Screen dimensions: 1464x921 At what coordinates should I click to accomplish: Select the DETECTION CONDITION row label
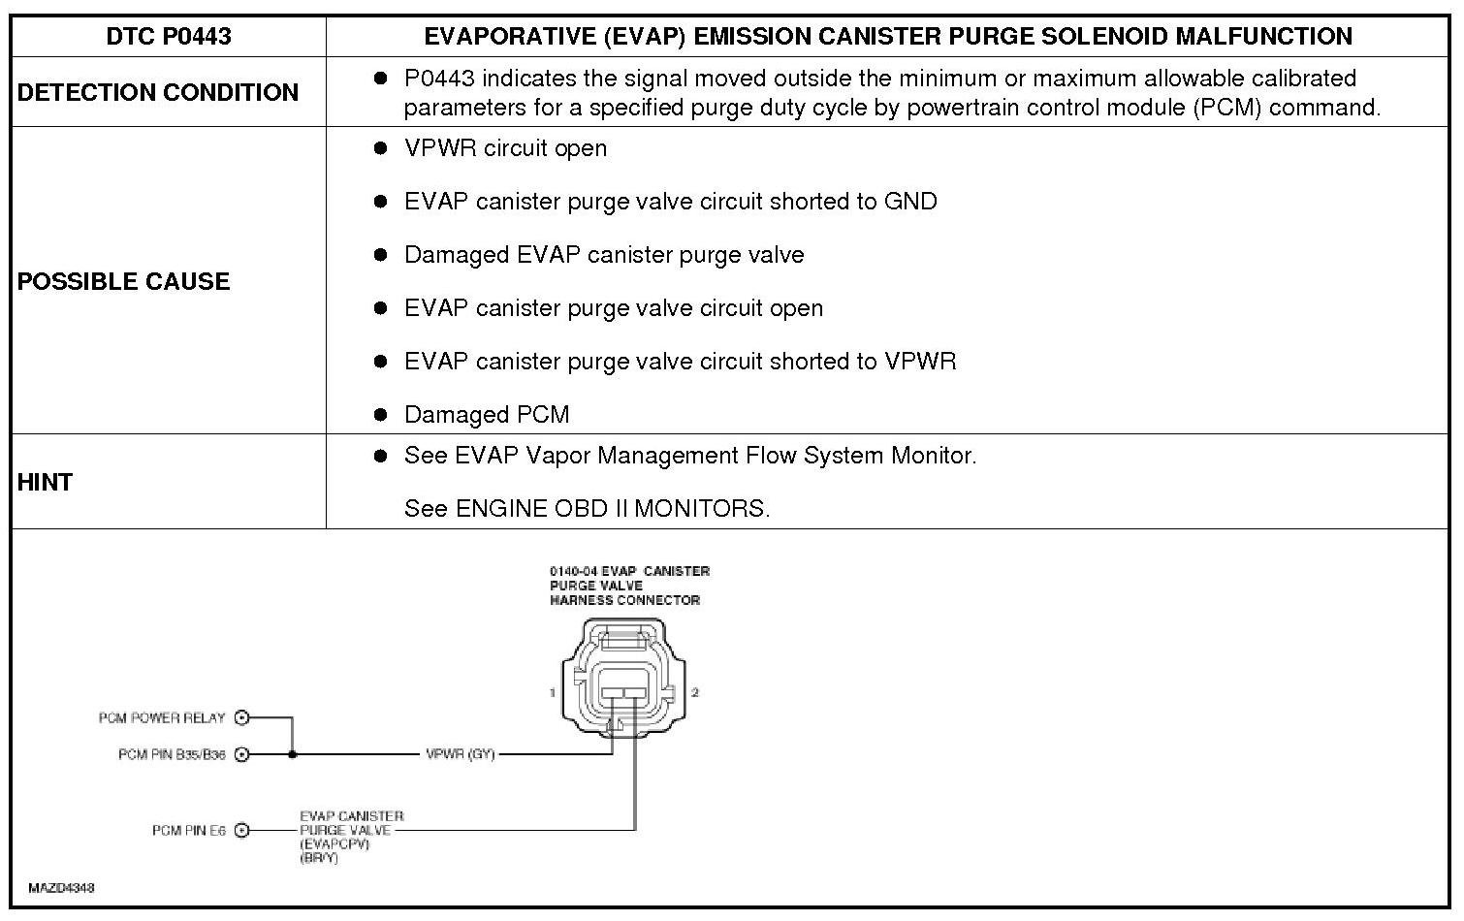tap(157, 92)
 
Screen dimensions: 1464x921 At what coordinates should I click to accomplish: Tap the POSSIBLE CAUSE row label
tap(123, 281)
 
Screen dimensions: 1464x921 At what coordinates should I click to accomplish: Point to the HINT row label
tap(45, 482)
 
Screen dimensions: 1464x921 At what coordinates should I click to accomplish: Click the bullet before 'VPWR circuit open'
tap(381, 148)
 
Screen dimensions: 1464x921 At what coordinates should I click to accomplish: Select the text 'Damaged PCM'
tap(487, 415)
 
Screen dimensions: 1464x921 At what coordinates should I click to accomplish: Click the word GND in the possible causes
tap(910, 202)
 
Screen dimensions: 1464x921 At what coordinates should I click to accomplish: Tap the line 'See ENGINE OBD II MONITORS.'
tap(587, 509)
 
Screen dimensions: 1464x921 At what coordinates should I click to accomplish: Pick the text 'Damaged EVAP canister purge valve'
tap(604, 255)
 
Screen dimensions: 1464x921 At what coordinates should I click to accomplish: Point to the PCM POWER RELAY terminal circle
tap(242, 718)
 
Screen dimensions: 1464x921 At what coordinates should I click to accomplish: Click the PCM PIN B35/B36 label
tap(172, 754)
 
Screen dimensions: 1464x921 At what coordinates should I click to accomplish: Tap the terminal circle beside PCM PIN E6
tap(242, 830)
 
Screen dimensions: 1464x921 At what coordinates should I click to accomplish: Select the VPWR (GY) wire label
tap(461, 754)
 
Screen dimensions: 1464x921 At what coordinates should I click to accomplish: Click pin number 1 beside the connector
tap(552, 692)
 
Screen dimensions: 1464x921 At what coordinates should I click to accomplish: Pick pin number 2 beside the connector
tap(695, 692)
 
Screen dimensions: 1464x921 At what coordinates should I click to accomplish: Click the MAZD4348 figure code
tap(61, 887)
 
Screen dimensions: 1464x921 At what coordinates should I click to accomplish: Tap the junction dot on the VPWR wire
tap(293, 754)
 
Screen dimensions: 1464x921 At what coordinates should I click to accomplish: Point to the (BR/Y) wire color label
tap(319, 858)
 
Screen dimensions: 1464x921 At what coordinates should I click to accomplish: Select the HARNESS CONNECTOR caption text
tap(624, 600)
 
